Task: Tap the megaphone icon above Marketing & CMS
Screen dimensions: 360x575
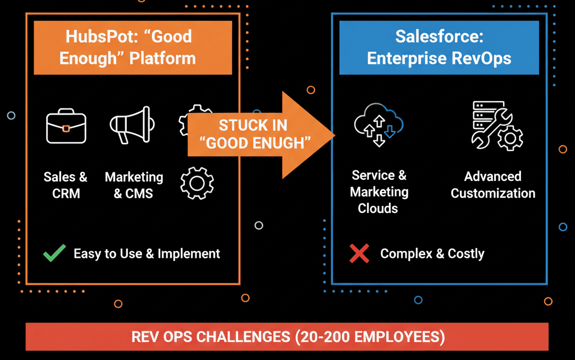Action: click(x=130, y=125)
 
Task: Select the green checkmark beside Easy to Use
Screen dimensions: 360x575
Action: click(x=54, y=254)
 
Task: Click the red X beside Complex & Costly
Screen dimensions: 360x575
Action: click(x=359, y=254)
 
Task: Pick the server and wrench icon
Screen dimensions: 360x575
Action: click(x=497, y=126)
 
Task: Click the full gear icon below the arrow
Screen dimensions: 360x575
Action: click(x=197, y=183)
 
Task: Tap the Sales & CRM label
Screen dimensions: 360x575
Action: click(x=66, y=185)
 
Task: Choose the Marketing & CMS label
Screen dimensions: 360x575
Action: click(x=134, y=185)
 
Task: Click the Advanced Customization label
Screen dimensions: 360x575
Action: click(x=493, y=185)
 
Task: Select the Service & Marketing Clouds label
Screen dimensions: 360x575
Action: click(x=379, y=192)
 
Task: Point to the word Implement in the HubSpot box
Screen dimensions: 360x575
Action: click(x=189, y=254)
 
